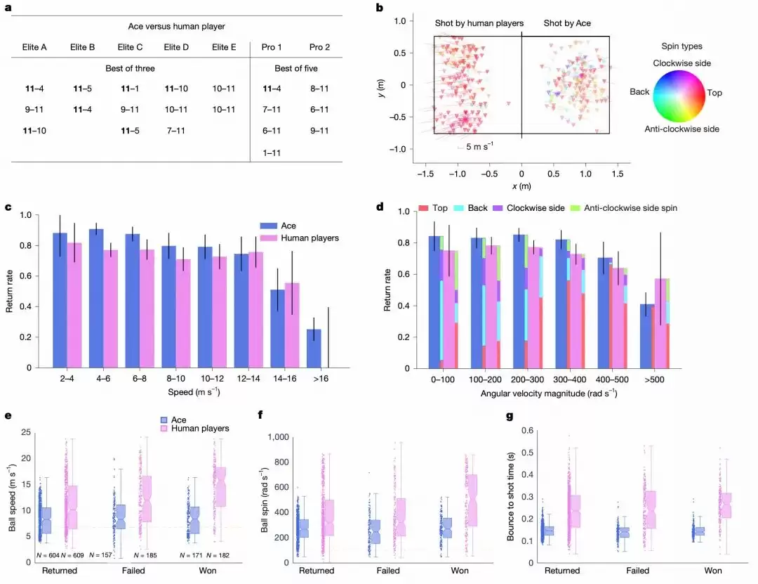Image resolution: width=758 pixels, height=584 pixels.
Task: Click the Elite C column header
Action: coord(130,48)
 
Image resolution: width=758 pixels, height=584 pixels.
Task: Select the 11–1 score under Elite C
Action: coord(130,89)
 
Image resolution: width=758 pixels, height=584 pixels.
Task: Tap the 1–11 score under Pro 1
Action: coord(272,152)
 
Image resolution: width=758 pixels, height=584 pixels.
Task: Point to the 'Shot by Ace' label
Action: coord(567,23)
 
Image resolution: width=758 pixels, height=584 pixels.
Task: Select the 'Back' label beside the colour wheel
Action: coord(639,92)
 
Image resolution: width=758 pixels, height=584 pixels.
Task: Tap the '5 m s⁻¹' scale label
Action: coord(479,146)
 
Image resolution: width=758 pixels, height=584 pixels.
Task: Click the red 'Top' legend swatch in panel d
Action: coord(423,209)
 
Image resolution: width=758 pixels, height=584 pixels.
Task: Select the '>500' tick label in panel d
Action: coord(654,378)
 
